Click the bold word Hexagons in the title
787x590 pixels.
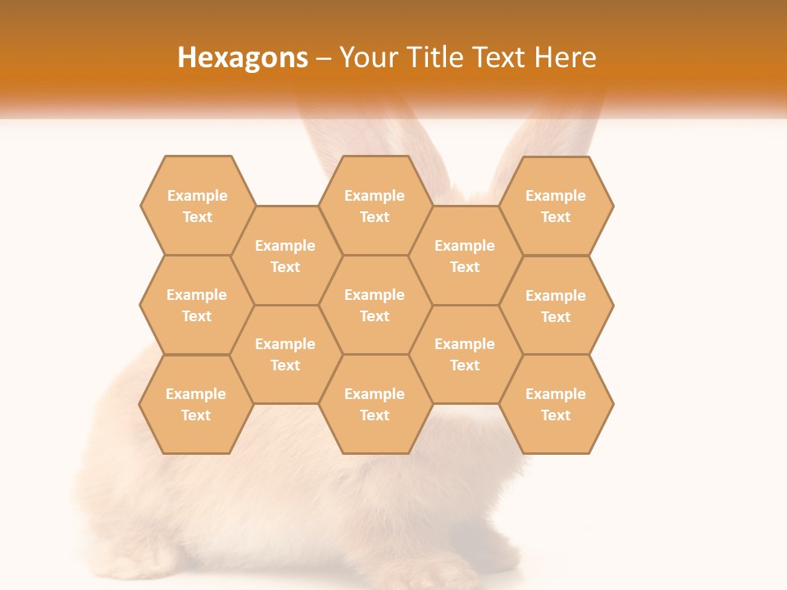243,57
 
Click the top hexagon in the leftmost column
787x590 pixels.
197,206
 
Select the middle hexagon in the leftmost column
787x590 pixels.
197,305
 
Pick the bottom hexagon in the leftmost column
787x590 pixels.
196,404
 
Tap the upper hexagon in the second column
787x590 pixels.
285,256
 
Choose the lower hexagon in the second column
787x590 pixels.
285,354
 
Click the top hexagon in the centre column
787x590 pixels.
375,206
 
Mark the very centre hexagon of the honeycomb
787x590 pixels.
375,305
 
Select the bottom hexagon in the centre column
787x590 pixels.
375,404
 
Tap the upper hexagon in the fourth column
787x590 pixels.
465,256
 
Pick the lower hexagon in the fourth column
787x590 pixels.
465,354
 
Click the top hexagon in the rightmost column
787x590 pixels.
556,206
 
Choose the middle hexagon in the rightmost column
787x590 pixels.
556,306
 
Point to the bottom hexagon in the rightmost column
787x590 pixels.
556,404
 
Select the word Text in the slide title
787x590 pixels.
500,57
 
